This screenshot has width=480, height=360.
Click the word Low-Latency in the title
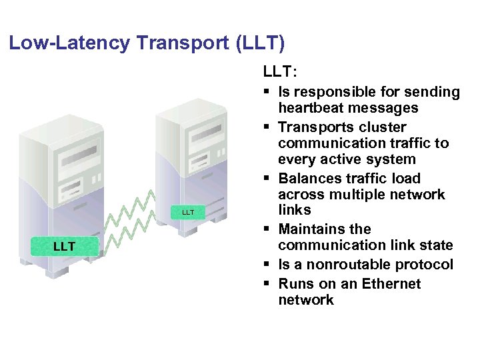[x=70, y=44]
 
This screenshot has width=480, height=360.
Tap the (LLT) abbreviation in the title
[x=259, y=44]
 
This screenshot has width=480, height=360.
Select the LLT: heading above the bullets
[x=281, y=70]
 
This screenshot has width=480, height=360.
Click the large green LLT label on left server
[x=64, y=247]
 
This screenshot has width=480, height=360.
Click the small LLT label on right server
[x=188, y=212]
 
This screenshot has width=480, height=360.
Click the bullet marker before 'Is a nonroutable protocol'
[x=267, y=265]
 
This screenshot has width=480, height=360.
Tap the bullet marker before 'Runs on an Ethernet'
[x=267, y=284]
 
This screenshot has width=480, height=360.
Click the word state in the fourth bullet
[x=435, y=245]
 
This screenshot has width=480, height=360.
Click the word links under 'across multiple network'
[x=295, y=210]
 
